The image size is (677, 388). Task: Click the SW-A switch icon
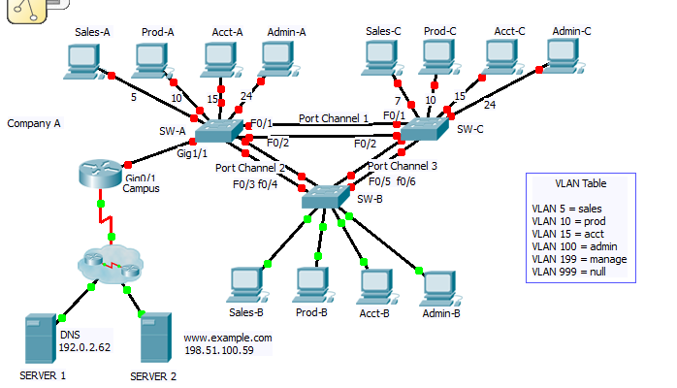[x=222, y=134]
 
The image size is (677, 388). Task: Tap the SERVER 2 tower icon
[x=156, y=340]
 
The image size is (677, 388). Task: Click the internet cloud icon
[x=106, y=262]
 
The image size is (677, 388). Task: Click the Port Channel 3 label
[x=403, y=166]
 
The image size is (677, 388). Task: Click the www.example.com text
[x=228, y=338]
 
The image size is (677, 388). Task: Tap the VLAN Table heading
[x=580, y=183]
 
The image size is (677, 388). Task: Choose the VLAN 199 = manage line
[x=579, y=259]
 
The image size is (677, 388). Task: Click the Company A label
[x=34, y=123]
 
